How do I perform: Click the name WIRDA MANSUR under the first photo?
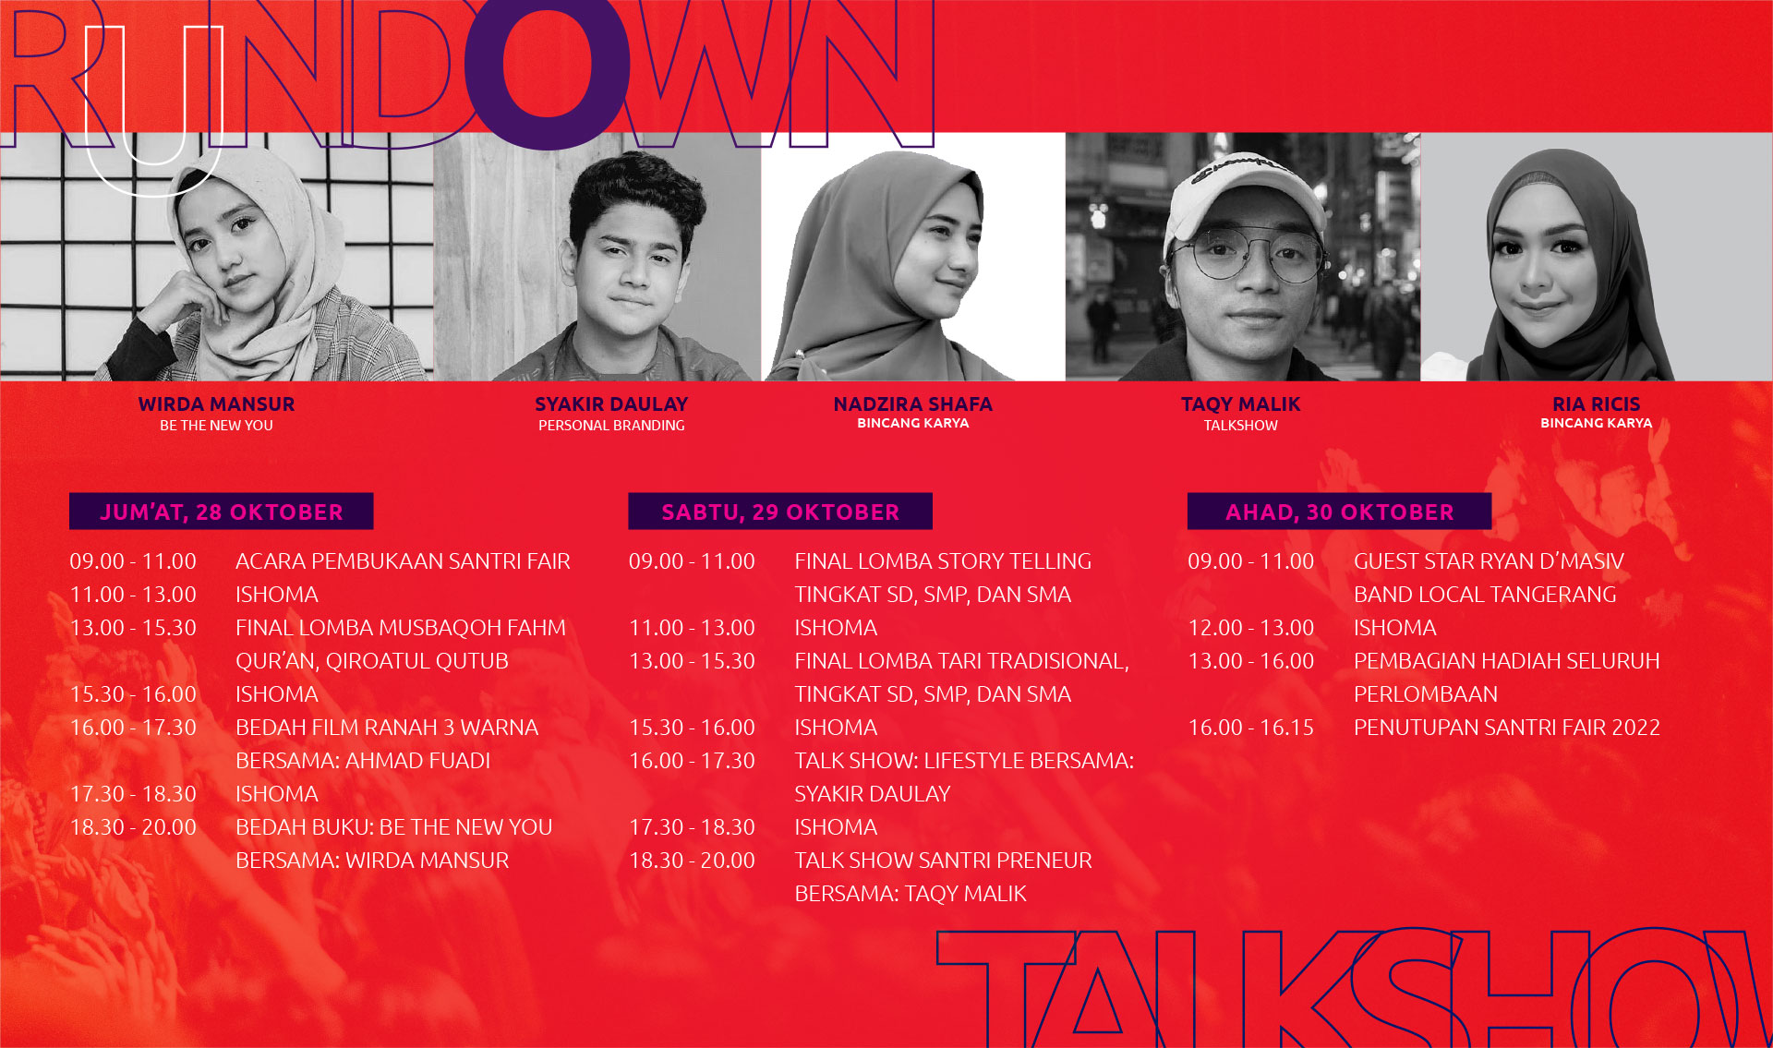coord(216,404)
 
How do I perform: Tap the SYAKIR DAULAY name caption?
coord(611,404)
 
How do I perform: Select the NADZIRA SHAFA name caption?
coord(912,404)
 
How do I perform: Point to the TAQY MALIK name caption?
coord(1240,404)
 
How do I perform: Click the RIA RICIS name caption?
coord(1596,404)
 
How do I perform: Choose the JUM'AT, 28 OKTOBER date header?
coord(222,512)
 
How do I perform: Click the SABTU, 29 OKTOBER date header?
coord(780,512)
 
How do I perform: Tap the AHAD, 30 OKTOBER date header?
coord(1339,512)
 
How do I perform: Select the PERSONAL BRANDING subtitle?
coord(611,426)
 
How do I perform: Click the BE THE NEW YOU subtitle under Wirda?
coord(216,426)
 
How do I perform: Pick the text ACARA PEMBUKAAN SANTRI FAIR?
coord(403,561)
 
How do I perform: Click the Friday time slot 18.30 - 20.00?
coord(133,827)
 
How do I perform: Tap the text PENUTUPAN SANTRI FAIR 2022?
coord(1506,728)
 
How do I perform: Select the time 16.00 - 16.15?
coord(1250,728)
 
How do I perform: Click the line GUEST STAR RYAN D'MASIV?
coord(1489,561)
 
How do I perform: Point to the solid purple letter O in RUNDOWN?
coord(548,69)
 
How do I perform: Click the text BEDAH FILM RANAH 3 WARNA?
coord(387,728)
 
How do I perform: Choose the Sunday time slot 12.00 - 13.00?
coord(1250,628)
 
